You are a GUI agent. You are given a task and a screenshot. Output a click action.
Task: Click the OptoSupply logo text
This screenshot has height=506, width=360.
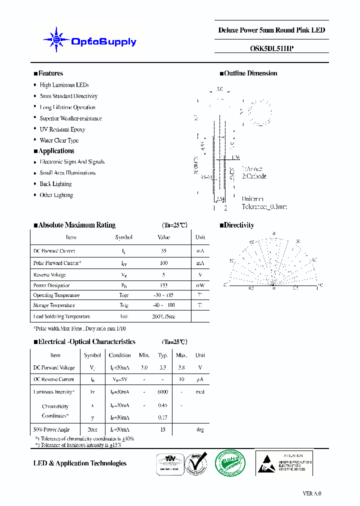pos(103,42)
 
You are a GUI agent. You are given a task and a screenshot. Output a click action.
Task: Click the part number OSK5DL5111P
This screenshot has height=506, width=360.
pos(271,48)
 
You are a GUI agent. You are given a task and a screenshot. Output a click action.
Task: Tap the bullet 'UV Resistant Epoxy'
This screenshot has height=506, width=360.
pos(62,129)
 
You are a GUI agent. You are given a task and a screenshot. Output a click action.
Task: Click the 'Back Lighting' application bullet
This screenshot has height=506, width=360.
pos(55,184)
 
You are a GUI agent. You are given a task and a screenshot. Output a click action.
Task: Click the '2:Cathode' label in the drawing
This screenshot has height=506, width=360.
pos(254,176)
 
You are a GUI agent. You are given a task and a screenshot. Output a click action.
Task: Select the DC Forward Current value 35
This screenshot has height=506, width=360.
pos(163,251)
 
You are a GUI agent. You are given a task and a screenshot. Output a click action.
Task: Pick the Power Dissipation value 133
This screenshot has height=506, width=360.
pos(163,285)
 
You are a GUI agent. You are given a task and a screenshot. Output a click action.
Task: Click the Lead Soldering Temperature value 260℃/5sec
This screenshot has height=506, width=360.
pos(163,316)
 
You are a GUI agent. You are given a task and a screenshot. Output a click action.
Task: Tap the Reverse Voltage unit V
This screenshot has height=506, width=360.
pos(200,274)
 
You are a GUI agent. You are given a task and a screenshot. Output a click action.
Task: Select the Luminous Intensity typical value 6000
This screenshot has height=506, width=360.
pos(162,392)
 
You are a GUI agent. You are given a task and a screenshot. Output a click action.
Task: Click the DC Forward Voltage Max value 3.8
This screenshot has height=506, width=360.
pos(181,367)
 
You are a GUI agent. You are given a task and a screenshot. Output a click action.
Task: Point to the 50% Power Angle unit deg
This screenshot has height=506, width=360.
pos(200,429)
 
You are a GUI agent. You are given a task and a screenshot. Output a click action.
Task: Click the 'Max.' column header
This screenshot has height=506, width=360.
pos(181,355)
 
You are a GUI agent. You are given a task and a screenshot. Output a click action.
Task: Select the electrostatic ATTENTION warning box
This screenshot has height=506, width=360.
pos(284,462)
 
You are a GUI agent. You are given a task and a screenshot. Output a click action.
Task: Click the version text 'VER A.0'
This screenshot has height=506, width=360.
pos(312,493)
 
